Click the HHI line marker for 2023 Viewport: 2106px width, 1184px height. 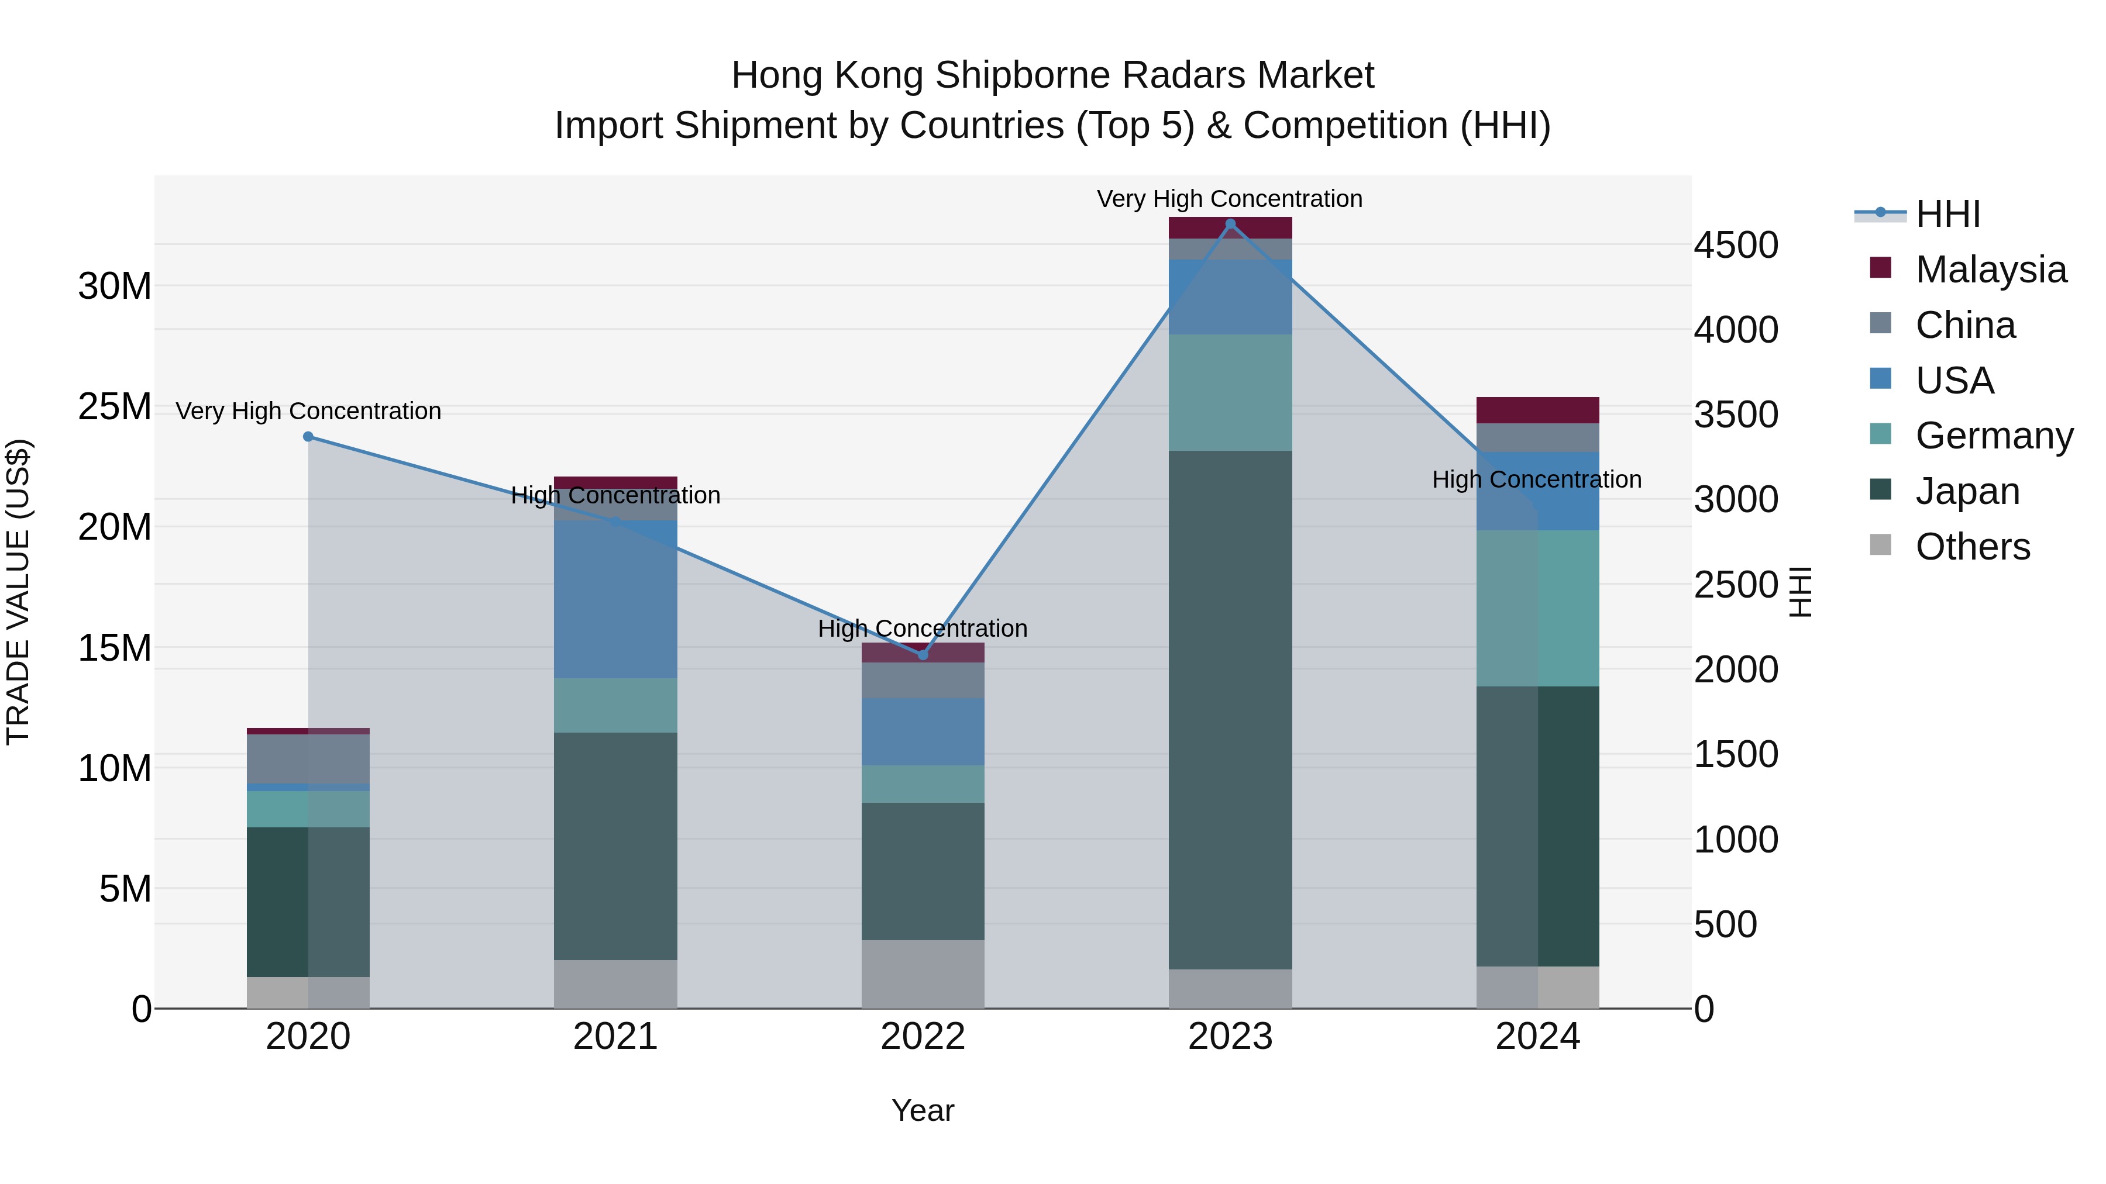pos(1230,224)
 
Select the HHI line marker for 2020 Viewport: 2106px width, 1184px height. pos(308,436)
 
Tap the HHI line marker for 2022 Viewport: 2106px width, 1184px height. pos(923,654)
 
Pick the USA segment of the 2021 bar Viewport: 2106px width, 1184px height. pos(615,599)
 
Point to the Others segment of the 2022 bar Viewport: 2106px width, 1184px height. pos(923,974)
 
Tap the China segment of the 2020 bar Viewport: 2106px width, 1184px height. pos(308,759)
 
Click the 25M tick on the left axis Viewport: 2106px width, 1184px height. pos(115,407)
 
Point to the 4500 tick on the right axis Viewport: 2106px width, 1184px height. pos(1735,245)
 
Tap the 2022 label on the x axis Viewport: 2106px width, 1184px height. pos(923,1037)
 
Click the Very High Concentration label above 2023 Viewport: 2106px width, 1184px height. pos(1230,199)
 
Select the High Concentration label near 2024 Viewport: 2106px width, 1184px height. pos(1536,479)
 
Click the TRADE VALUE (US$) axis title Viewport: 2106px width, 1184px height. pos(18,592)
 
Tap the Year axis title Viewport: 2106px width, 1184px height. pos(923,1110)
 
